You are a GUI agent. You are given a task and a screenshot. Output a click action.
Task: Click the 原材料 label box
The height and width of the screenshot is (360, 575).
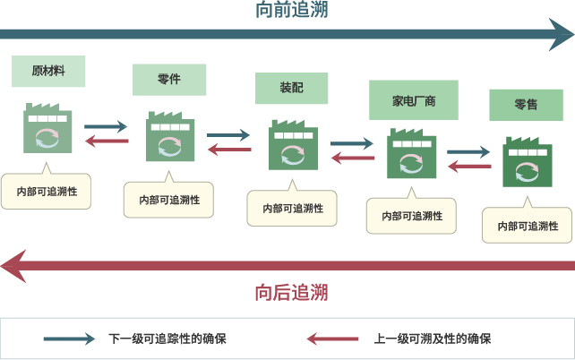click(x=48, y=71)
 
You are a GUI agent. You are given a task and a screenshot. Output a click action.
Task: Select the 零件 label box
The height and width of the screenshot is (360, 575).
click(x=168, y=80)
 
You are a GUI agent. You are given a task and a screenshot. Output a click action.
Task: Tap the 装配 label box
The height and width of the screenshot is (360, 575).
click(x=291, y=89)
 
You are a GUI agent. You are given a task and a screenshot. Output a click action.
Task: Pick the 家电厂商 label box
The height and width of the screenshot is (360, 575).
click(x=414, y=100)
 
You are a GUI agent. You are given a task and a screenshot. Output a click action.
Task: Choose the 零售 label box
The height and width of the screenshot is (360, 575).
click(x=526, y=105)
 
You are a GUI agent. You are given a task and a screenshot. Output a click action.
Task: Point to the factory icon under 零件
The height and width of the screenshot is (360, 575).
click(x=169, y=136)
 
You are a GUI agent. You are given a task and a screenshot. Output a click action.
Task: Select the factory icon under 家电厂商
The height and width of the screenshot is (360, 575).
click(x=411, y=154)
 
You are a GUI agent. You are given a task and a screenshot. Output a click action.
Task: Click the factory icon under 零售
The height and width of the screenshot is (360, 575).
click(x=527, y=161)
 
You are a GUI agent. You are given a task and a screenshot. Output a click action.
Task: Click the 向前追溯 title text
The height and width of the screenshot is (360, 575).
click(x=291, y=11)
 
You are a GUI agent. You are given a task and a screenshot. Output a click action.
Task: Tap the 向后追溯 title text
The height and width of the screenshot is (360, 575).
click(x=291, y=293)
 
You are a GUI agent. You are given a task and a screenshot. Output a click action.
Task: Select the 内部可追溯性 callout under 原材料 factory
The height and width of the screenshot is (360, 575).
click(x=47, y=191)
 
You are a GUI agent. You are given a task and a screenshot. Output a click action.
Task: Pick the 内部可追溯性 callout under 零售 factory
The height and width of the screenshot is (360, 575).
click(x=527, y=225)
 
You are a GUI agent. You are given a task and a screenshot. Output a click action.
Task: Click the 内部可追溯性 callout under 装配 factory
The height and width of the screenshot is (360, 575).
click(x=292, y=208)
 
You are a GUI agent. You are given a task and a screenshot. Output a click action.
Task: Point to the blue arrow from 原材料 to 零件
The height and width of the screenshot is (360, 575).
click(x=107, y=127)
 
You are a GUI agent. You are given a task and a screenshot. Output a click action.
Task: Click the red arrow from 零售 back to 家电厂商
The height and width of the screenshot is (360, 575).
click(x=468, y=166)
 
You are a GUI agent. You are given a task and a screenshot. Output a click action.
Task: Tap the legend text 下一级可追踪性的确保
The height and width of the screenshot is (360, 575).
click(x=167, y=339)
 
